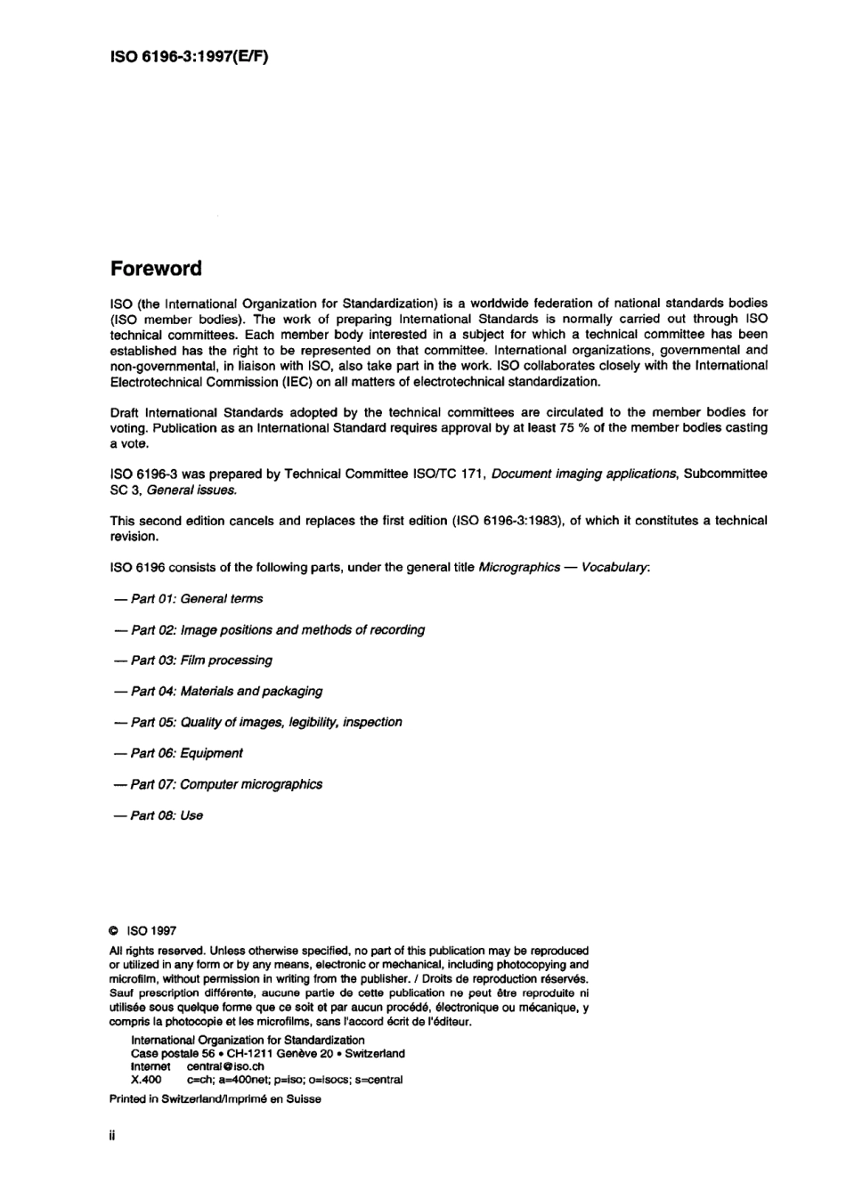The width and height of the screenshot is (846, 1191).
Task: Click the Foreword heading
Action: pyautogui.click(x=156, y=269)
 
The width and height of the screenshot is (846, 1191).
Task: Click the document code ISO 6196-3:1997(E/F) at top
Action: pyautogui.click(x=189, y=56)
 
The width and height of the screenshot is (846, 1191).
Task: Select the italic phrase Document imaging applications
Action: pyautogui.click(x=584, y=474)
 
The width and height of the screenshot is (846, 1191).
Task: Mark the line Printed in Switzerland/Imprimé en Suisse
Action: pyautogui.click(x=215, y=1098)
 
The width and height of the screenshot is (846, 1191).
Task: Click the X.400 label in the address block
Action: pyautogui.click(x=146, y=1080)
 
